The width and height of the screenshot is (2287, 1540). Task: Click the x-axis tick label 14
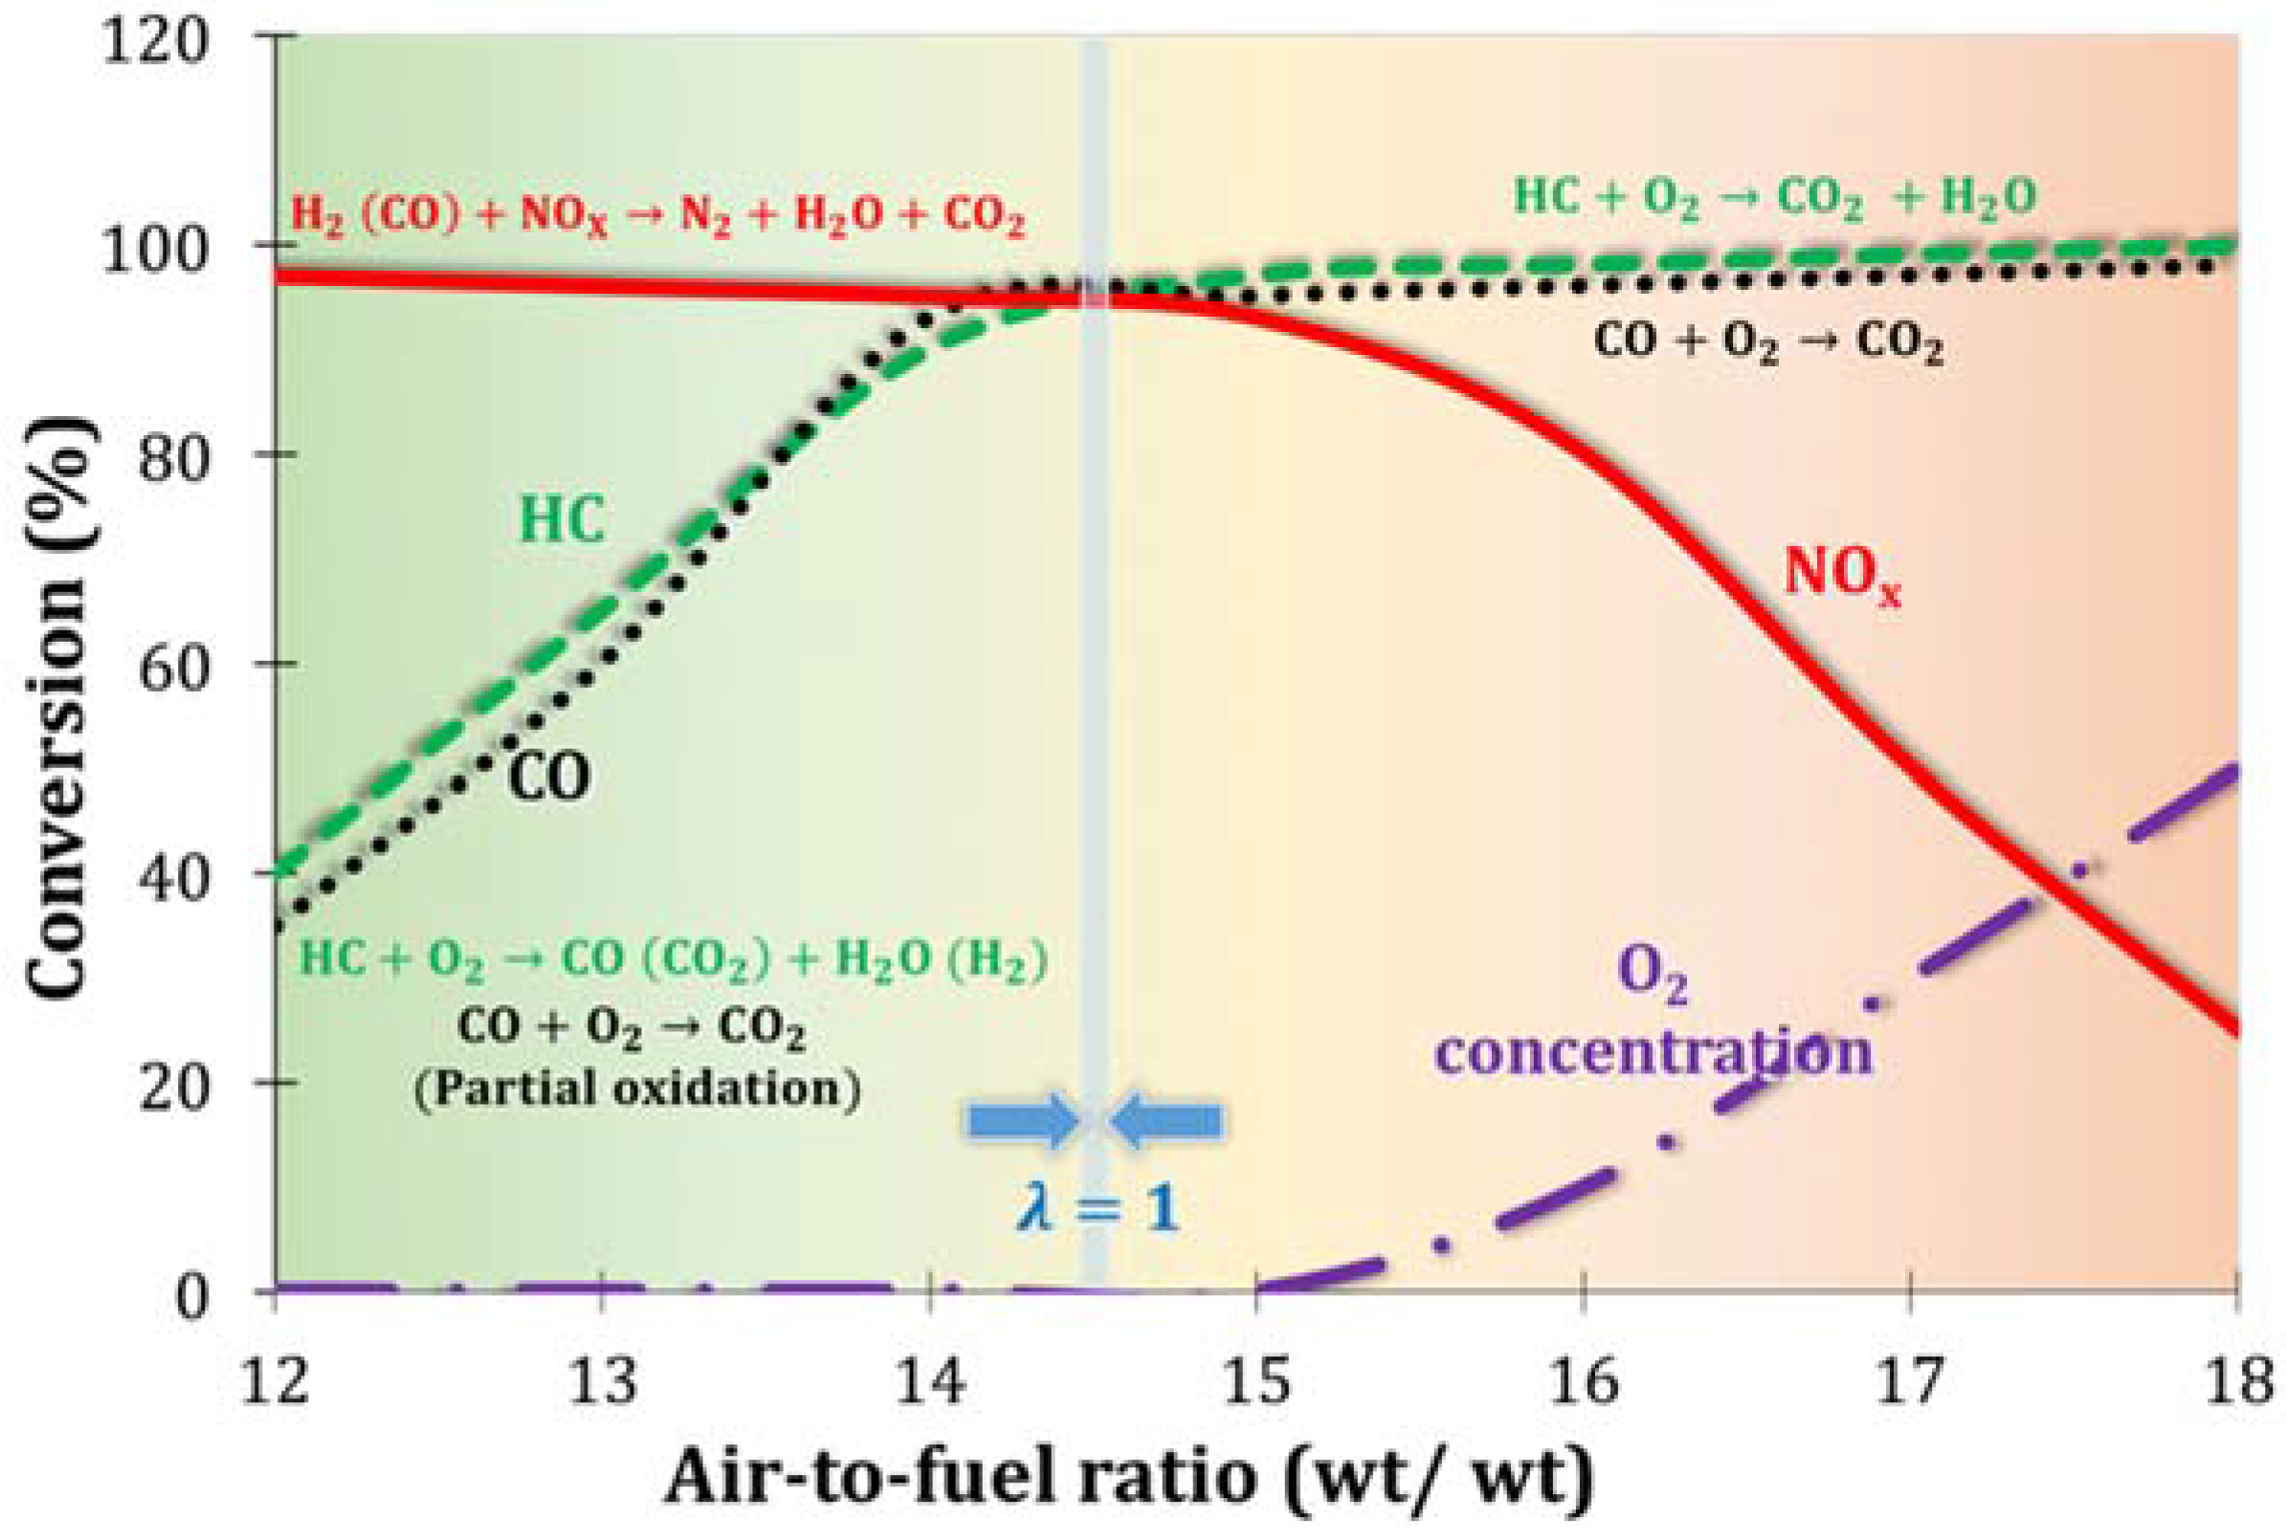(928, 1380)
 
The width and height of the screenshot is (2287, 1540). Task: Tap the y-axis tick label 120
(155, 44)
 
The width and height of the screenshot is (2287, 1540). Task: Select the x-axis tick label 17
(1909, 1380)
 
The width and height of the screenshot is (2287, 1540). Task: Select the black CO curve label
(549, 777)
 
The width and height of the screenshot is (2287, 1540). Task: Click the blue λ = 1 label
(1096, 1207)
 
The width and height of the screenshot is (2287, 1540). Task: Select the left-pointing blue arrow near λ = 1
(1166, 1120)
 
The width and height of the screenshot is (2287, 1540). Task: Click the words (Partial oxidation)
(636, 1089)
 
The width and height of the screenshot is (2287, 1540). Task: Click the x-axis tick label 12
(275, 1380)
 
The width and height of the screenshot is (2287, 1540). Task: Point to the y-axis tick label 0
(192, 1295)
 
